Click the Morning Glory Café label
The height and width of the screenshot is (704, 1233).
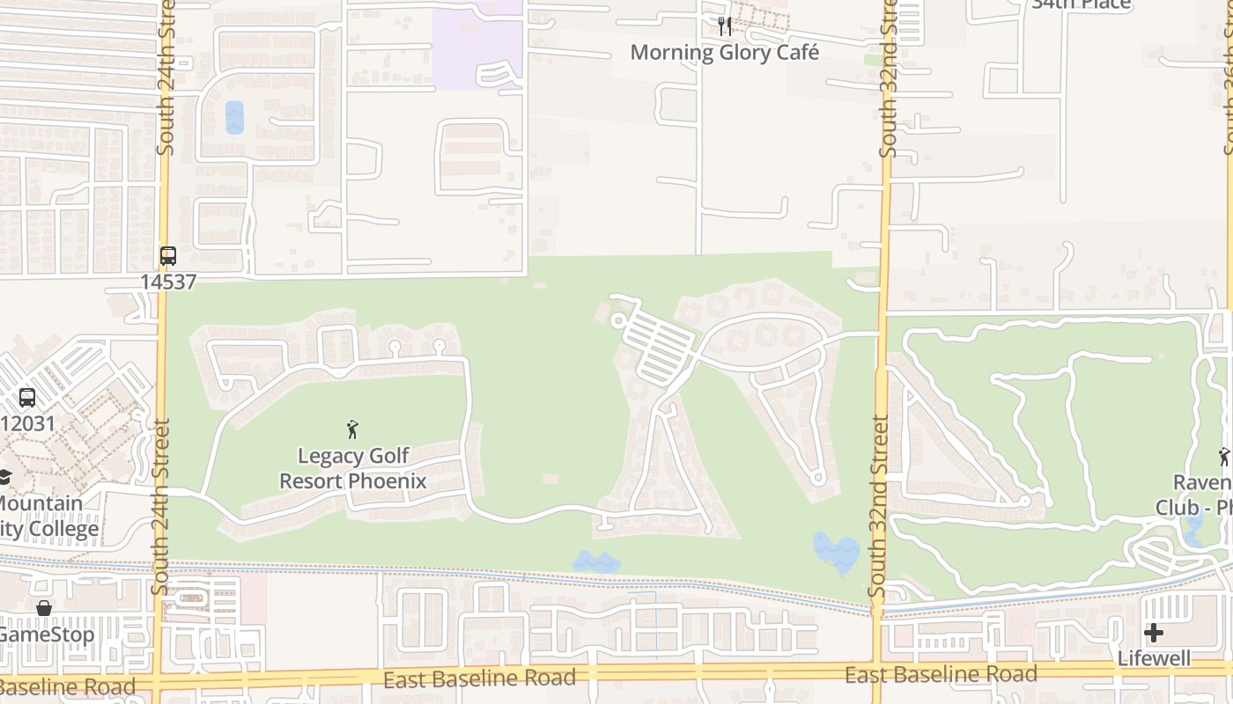point(724,52)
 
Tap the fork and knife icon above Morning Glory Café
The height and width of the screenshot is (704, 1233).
point(725,26)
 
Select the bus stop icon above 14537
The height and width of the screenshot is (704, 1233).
point(167,256)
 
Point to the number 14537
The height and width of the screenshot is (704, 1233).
point(167,282)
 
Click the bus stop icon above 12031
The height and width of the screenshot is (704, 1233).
point(27,397)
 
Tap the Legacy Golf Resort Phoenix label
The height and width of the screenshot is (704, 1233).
point(353,468)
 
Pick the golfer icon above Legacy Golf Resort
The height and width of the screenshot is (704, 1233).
point(352,429)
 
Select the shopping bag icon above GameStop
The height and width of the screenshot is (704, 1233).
point(43,608)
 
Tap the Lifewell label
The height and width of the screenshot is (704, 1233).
point(1154,658)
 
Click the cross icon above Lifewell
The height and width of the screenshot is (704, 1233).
point(1153,632)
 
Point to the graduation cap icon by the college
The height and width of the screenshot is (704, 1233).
point(5,478)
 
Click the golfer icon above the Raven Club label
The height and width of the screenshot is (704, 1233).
point(1223,456)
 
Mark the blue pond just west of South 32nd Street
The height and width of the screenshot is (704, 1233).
point(835,552)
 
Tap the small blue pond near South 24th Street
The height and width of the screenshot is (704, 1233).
point(234,117)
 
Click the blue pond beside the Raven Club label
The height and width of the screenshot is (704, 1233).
point(1194,528)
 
